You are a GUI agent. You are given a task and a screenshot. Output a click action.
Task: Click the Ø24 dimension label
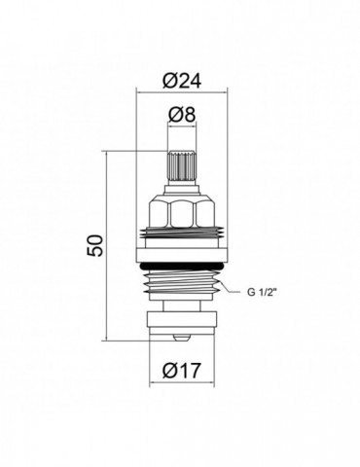[182, 80]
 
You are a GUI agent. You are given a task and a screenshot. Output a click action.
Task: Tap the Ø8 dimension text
[182, 114]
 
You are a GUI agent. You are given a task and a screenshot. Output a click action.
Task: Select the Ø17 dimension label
[182, 370]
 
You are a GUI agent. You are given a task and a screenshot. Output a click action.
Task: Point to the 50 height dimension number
[95, 245]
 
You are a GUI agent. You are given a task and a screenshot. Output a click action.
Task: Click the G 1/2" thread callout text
[262, 292]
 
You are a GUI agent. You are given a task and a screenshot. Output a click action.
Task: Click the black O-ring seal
[182, 266]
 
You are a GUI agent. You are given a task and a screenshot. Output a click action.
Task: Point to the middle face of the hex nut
[182, 213]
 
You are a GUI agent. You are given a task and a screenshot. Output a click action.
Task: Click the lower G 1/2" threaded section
[182, 284]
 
